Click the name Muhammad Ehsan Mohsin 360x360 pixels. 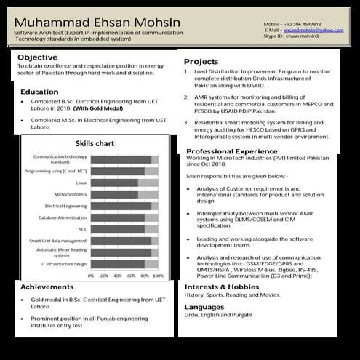click(97, 23)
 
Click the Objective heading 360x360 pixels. click(38, 57)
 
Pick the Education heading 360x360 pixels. click(39, 92)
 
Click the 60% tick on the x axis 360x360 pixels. click(131, 276)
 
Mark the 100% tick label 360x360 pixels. click(158, 276)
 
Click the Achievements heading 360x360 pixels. click(47, 287)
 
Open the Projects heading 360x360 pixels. click(201, 62)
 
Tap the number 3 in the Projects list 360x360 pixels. click(186, 123)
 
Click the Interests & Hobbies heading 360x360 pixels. click(221, 287)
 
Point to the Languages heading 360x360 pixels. click(204, 307)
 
